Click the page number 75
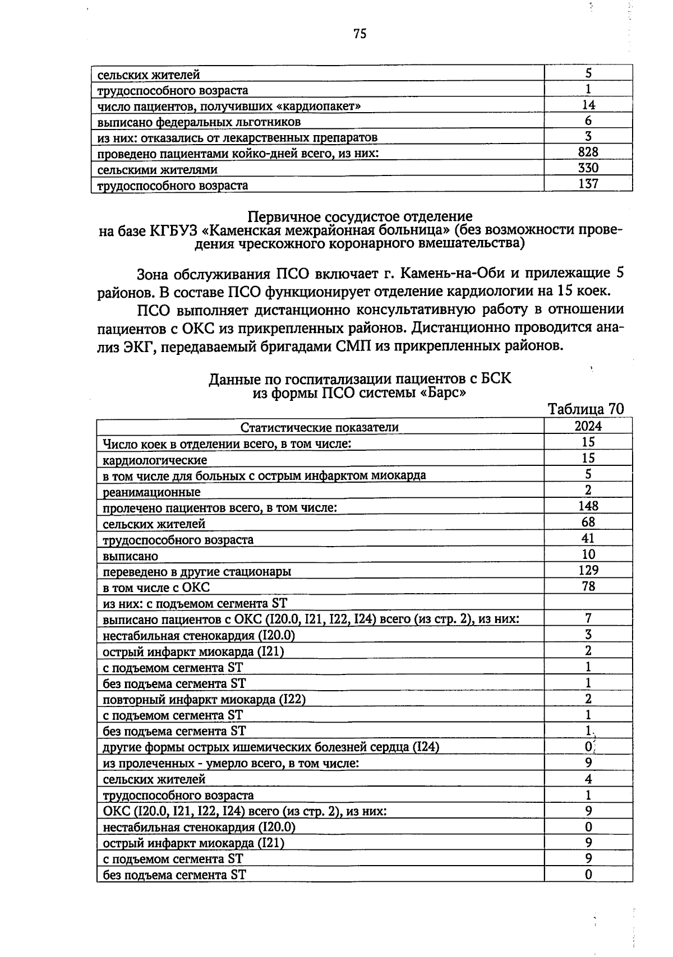tap(360, 34)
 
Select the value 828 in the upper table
tap(588, 152)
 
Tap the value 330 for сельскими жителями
tap(588, 168)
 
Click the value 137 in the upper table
tap(588, 184)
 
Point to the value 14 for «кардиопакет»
tap(588, 105)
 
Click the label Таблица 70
tap(586, 409)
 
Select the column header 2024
tap(588, 426)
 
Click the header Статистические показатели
tap(320, 428)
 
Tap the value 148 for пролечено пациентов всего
tap(588, 506)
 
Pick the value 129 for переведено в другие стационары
tap(588, 570)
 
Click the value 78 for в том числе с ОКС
tap(588, 586)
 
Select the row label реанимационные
tap(151, 493)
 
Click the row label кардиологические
tap(155, 460)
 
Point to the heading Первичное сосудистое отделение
tap(360, 216)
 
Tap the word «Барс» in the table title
tap(443, 393)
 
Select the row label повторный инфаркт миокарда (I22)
tap(204, 700)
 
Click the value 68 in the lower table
tap(588, 523)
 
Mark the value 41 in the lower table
tap(588, 538)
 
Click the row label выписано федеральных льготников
tap(199, 122)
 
